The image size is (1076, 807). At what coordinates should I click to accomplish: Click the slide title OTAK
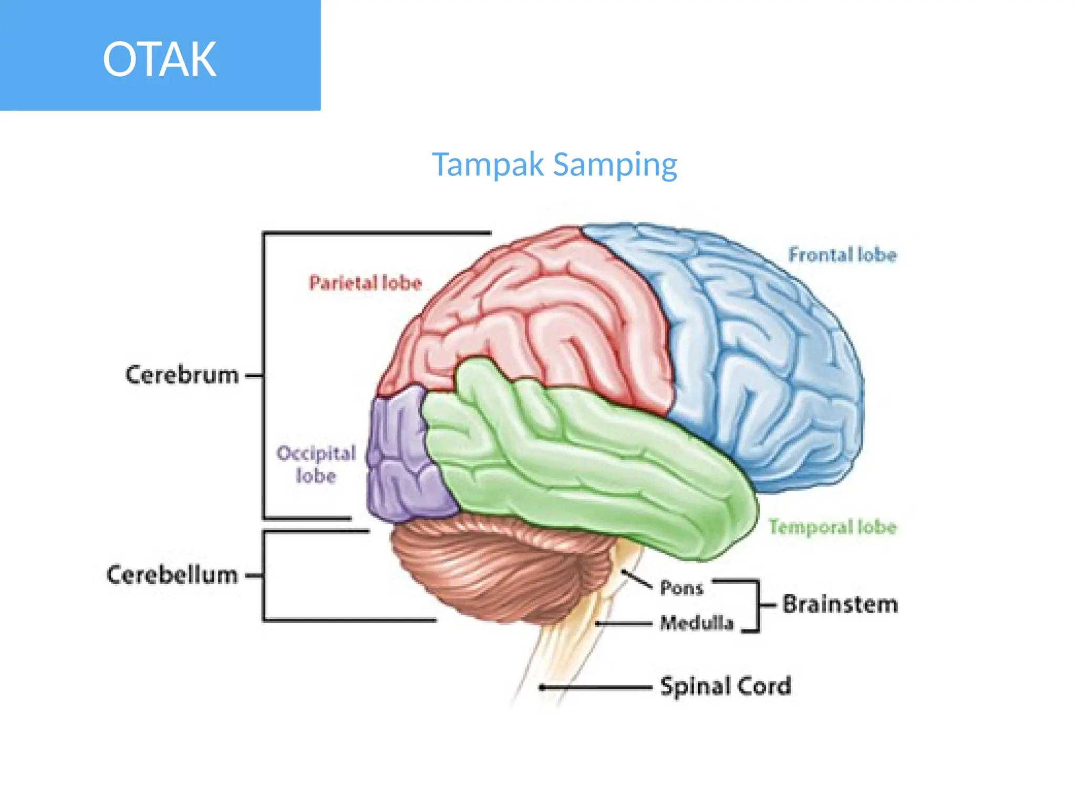pos(159,59)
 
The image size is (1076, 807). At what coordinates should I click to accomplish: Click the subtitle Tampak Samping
pos(554,164)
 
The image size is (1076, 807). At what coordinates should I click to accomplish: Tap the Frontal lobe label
pos(842,255)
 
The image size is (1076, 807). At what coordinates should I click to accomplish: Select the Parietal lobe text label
pos(365,283)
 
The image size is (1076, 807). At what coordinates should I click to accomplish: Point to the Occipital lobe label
pos(316,464)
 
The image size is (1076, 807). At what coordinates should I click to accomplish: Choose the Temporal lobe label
pos(832,526)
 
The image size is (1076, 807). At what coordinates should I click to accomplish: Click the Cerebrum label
pos(182,375)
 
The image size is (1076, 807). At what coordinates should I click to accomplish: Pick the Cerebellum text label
pos(172,575)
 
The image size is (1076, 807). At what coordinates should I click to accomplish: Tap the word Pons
pos(681,588)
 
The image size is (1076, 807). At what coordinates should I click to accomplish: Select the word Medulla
pos(697,623)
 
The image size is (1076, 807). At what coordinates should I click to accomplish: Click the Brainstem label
pos(840,604)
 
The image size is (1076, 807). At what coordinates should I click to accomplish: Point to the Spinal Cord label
pos(725,686)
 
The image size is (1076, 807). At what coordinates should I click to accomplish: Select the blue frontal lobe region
pos(762,357)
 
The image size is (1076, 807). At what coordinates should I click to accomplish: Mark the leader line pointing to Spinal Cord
pos(596,687)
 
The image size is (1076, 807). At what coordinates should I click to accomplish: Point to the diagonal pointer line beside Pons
pos(637,578)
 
